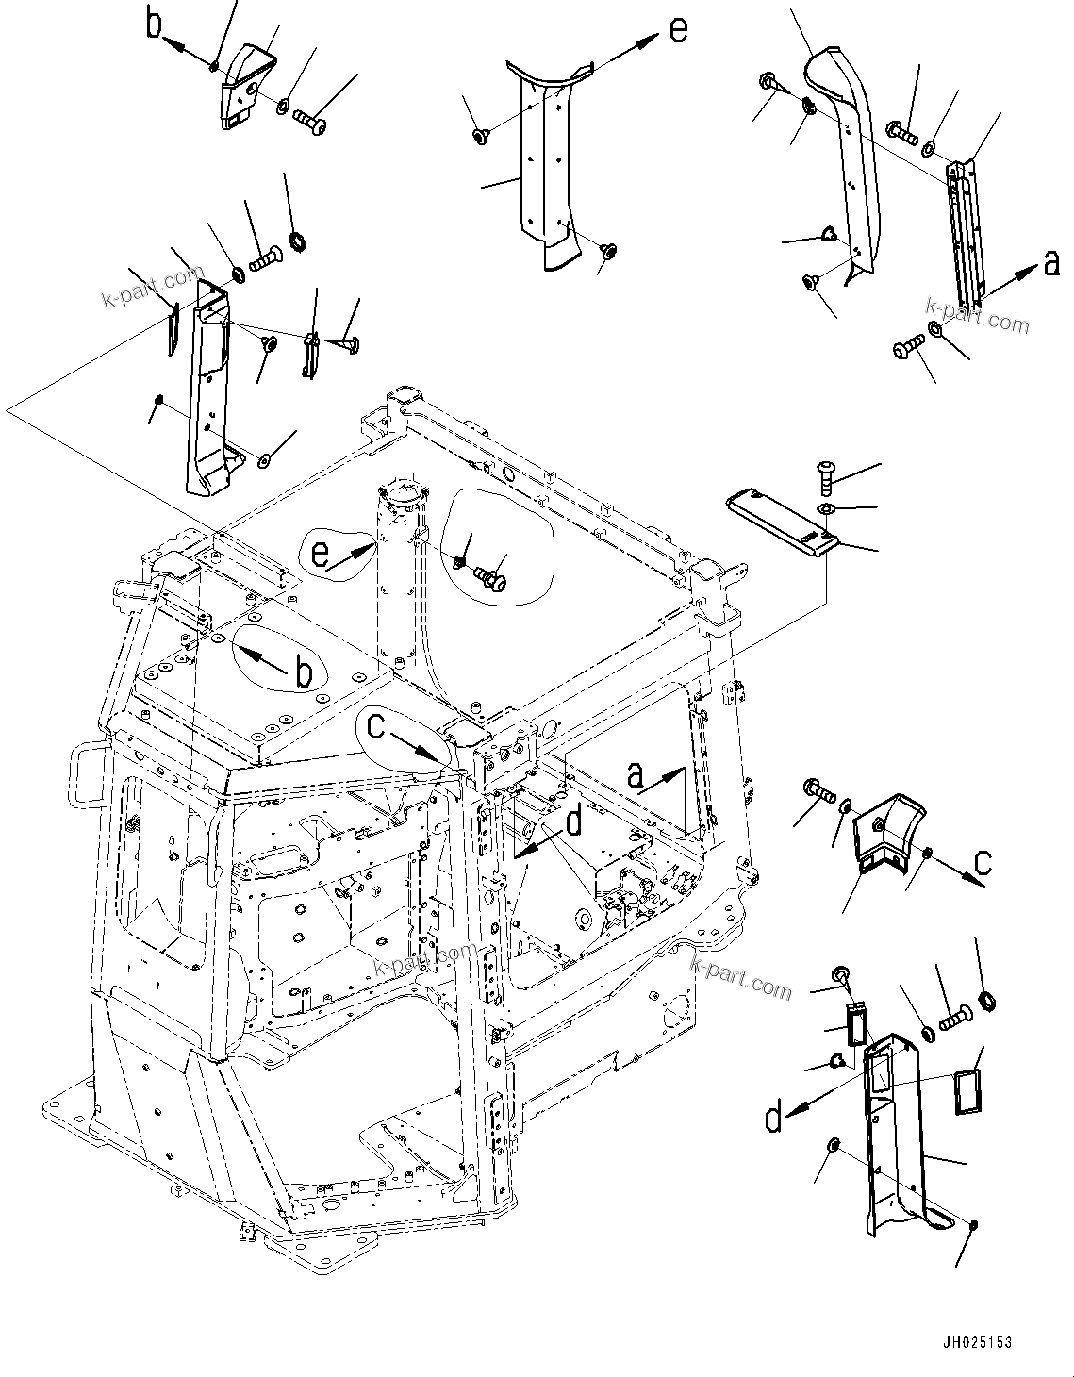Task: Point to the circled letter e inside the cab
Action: tap(322, 554)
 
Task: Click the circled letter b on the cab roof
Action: tap(304, 673)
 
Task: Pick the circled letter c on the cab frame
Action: tap(375, 725)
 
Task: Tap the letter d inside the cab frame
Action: tap(573, 825)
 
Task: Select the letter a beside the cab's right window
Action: tap(637, 775)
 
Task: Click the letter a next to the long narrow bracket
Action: tap(1052, 266)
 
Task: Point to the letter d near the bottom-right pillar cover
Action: tap(773, 1119)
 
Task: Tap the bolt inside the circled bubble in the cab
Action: tap(489, 575)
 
